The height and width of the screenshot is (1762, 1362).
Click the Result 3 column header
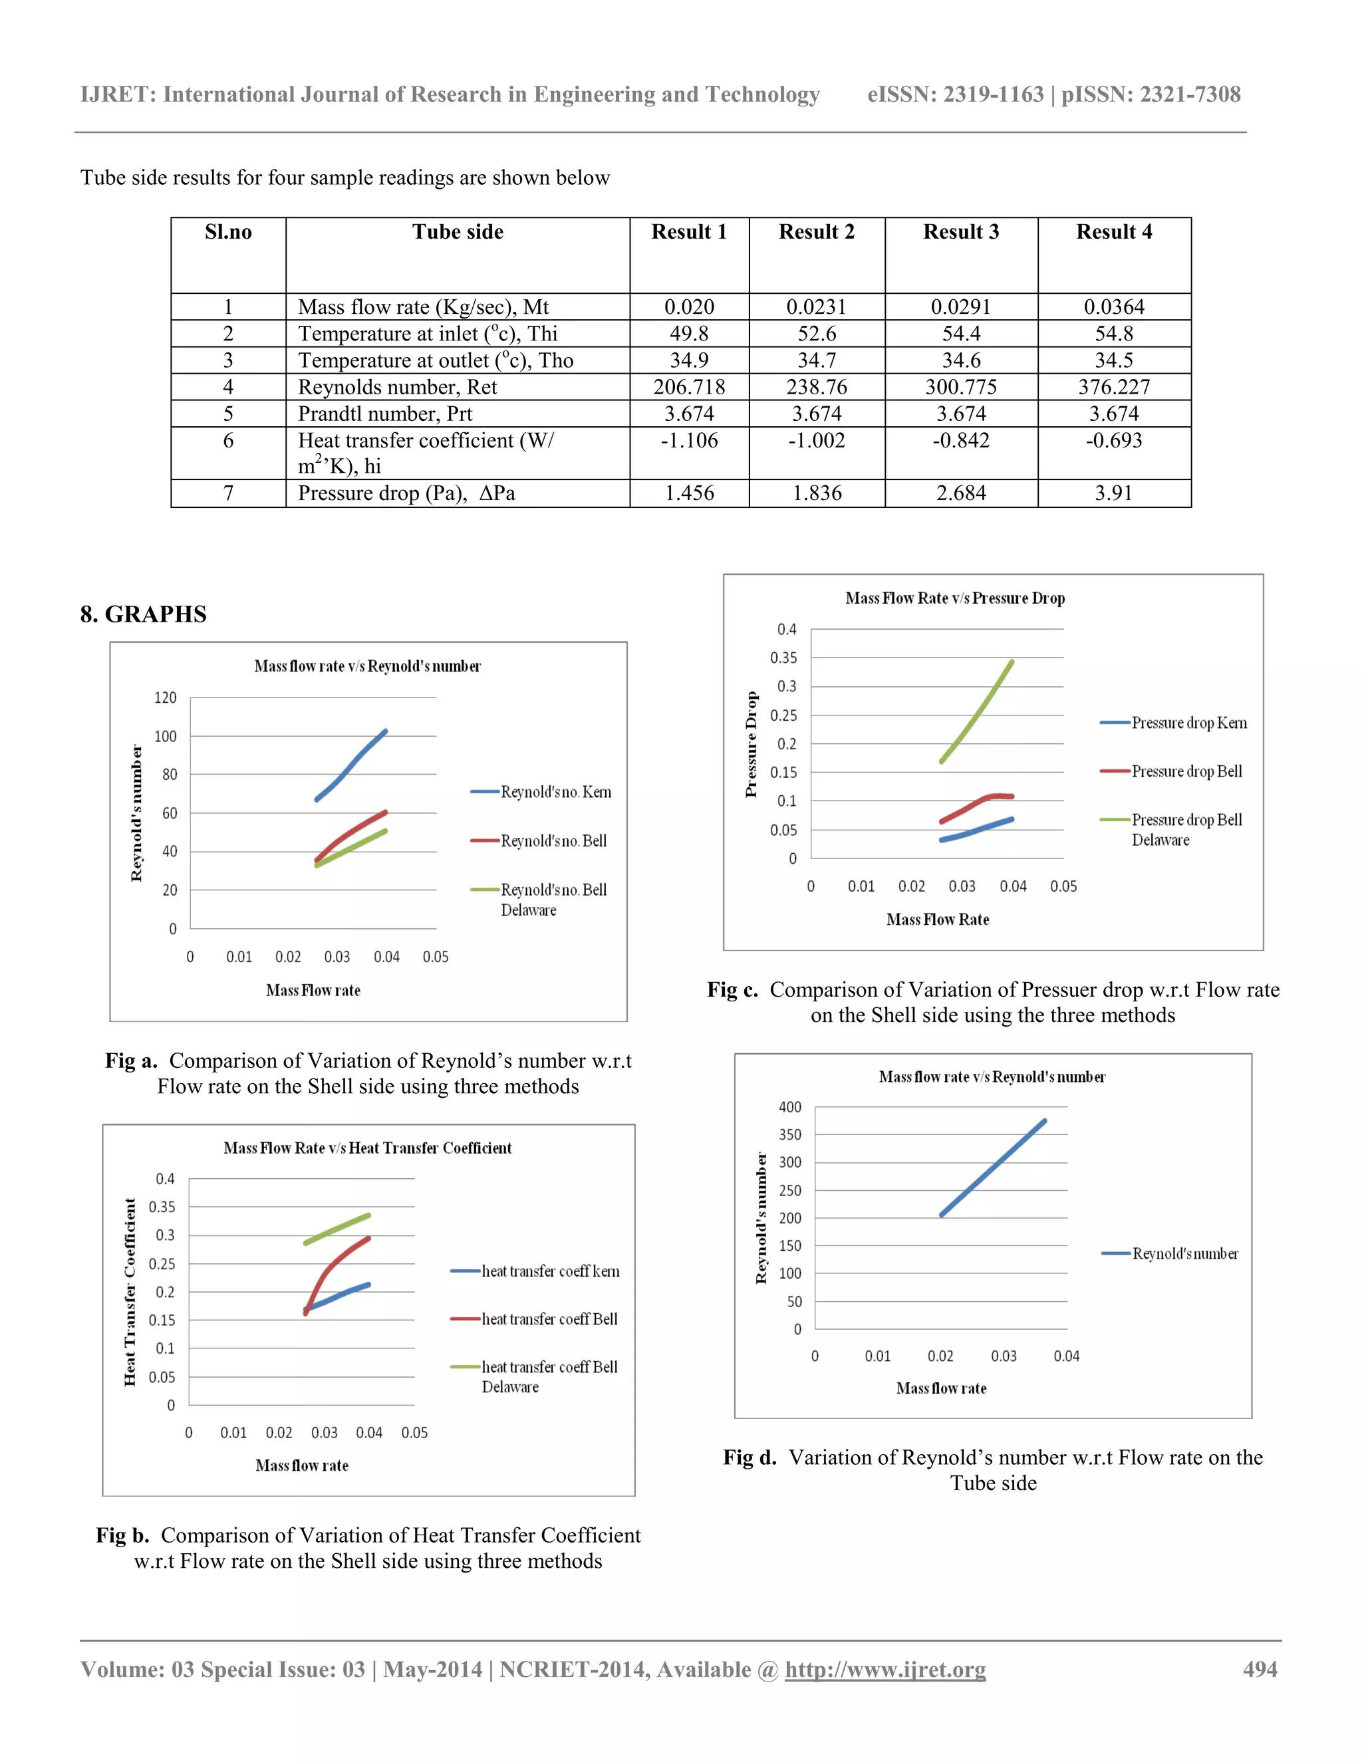click(x=961, y=232)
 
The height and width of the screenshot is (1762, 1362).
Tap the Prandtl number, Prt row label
click(x=385, y=414)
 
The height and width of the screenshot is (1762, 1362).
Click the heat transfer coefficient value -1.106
click(x=689, y=440)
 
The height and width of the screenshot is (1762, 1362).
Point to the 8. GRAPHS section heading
click(x=144, y=615)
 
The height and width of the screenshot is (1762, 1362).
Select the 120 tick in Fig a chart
click(x=166, y=698)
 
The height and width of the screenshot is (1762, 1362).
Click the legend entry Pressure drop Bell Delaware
click(x=1186, y=829)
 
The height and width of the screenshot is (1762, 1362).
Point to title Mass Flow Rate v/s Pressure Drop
click(x=954, y=598)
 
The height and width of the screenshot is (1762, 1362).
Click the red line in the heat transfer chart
click(x=331, y=1266)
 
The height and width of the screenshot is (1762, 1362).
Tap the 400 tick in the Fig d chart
click(x=790, y=1107)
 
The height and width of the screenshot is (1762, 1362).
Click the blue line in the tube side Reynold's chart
click(x=992, y=1168)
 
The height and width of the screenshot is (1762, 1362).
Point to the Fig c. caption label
click(x=732, y=990)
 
